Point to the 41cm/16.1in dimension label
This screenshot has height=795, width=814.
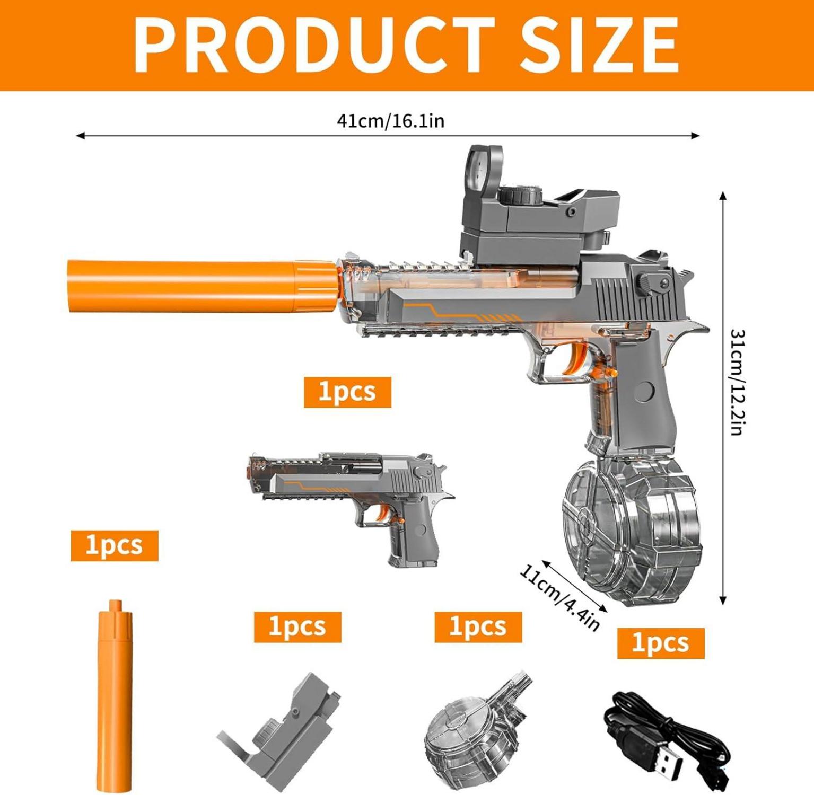click(x=391, y=121)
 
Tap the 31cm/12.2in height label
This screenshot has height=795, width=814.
click(x=738, y=383)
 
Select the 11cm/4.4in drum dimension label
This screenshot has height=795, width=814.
click(x=559, y=598)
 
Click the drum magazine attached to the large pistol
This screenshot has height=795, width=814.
click(x=631, y=530)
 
